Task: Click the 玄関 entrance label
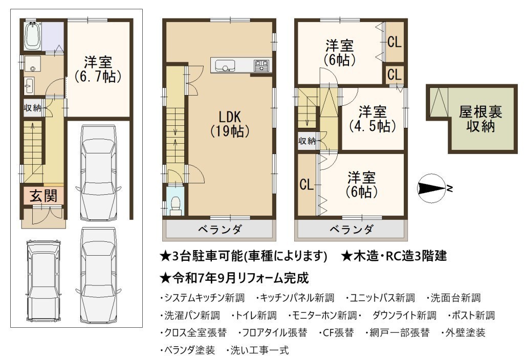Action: coord(43,196)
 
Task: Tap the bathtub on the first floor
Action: coord(33,36)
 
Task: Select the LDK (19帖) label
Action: coord(230,124)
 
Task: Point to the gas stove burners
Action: coord(261,65)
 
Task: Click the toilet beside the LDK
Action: coord(175,204)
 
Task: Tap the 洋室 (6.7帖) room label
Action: coord(98,69)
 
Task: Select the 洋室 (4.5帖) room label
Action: coord(373,119)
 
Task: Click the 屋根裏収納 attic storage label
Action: coord(480,119)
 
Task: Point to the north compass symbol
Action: coord(433,188)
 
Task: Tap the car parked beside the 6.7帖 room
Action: coord(98,172)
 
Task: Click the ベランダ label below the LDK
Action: coord(220,230)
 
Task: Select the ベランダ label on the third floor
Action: coord(352,230)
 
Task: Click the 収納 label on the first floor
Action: coord(32,108)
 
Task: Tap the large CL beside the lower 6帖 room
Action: coord(307,184)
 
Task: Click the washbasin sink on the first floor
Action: coord(29,86)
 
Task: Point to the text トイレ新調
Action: coord(254,315)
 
